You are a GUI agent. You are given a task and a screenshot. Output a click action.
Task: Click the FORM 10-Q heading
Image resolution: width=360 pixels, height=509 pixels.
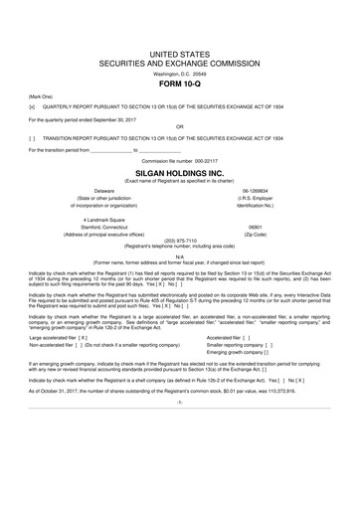[179, 83]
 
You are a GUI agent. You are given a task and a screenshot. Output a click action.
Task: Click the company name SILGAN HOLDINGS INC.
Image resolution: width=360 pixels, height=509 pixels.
[179, 170]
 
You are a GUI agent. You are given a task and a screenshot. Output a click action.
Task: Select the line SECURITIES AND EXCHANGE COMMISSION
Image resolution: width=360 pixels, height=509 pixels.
[179, 62]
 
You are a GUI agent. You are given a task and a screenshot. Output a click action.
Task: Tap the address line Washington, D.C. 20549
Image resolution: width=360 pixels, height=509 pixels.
[179, 73]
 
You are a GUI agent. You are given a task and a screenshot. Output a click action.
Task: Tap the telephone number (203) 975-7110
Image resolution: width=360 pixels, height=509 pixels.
[179, 239]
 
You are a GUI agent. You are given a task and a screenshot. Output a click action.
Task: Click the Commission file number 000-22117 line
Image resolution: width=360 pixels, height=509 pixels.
[179, 159]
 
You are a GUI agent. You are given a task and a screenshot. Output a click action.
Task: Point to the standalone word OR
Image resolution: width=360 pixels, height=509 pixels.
[179, 126]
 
